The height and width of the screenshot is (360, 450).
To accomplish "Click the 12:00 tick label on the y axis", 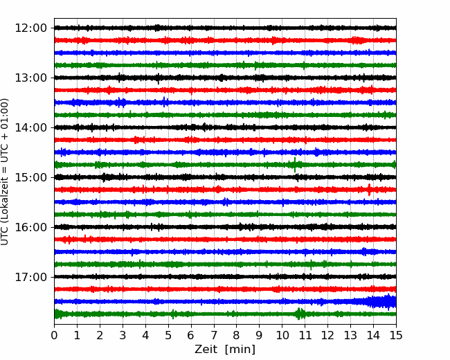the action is coord(30,28).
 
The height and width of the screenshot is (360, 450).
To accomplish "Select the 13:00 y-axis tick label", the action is coord(30,78).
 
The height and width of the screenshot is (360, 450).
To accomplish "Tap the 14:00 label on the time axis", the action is coord(30,127).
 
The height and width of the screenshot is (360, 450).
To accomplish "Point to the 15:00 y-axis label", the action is coord(30,177).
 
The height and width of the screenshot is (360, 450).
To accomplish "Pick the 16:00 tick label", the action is coord(30,227).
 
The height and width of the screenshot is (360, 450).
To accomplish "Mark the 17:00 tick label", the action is coord(30,277).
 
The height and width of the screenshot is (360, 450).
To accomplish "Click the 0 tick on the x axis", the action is coord(54,335).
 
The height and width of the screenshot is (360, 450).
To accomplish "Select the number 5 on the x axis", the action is coord(168,335).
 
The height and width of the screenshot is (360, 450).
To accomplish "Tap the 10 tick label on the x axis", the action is coord(282,335).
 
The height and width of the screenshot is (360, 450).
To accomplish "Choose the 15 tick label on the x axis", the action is coord(396,335).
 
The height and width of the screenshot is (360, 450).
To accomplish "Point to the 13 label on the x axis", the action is coord(350,335).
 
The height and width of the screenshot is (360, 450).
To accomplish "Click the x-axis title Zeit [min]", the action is coord(225,350).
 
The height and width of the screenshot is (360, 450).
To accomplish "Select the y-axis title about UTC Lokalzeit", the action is coord(5,172).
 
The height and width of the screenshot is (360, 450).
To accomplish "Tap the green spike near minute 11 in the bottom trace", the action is coord(299,314).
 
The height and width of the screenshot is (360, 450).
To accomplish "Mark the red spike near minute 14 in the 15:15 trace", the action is coord(369,190).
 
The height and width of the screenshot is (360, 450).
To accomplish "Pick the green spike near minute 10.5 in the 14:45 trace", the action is coord(295,165).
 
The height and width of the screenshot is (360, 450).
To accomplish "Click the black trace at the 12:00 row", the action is coord(225,28).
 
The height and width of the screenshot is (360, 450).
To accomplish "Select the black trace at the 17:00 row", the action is coord(225,277).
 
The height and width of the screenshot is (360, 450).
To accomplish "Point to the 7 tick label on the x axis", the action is coord(214,335).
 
